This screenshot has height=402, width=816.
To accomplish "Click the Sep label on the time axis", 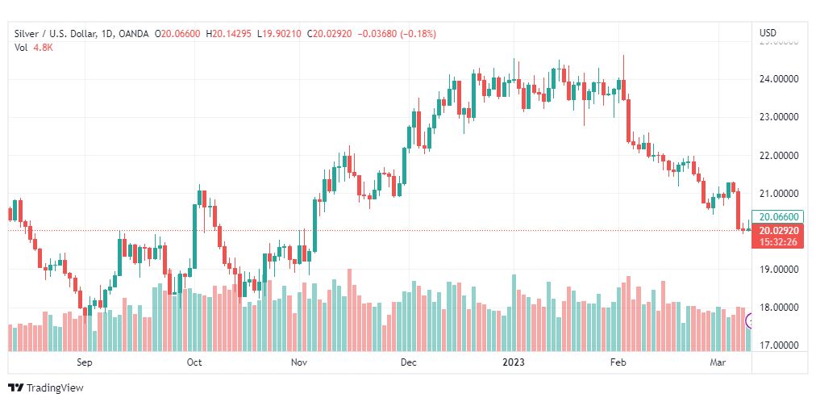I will pyautogui.click(x=85, y=363).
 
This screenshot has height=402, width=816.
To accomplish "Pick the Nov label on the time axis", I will pyautogui.click(x=300, y=363).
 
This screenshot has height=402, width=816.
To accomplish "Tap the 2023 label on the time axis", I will pyautogui.click(x=514, y=363).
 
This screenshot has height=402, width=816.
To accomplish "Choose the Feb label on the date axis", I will pyautogui.click(x=618, y=363).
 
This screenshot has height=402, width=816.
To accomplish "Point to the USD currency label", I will pyautogui.click(x=768, y=33).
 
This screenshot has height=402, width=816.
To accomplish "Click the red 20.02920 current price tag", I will pyautogui.click(x=780, y=230).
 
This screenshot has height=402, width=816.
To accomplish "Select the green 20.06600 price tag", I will pyautogui.click(x=780, y=216).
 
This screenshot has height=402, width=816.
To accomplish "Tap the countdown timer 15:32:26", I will pyautogui.click(x=780, y=241).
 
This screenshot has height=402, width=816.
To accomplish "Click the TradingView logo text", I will pyautogui.click(x=55, y=388).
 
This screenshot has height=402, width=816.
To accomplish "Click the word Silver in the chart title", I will pyautogui.click(x=27, y=33).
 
